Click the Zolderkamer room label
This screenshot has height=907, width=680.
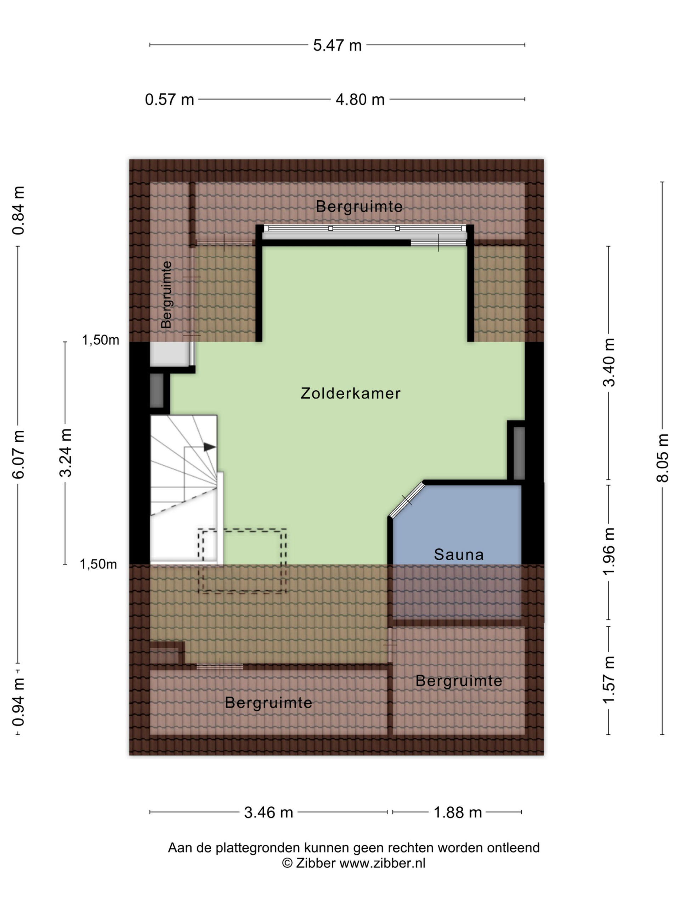point(351,393)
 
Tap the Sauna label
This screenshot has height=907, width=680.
point(459,554)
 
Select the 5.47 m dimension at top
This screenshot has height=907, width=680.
point(337,45)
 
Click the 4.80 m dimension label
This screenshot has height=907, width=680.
point(360,100)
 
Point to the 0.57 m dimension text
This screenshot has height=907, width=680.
point(169,100)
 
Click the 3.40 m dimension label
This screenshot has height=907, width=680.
point(609,362)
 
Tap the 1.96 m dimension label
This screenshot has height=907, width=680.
point(609,552)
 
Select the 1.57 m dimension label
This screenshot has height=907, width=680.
point(609,680)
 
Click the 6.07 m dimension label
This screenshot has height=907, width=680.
point(18,455)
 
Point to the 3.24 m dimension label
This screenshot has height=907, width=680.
point(66,453)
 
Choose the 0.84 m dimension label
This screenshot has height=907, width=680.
point(18,210)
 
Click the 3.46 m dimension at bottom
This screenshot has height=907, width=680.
point(268,812)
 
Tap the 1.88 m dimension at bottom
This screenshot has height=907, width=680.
point(458,812)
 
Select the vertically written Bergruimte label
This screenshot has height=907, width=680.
point(166,295)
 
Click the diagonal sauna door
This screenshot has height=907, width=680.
point(407,500)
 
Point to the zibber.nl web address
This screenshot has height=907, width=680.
point(382,863)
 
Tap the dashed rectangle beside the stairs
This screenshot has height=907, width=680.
point(242,560)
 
